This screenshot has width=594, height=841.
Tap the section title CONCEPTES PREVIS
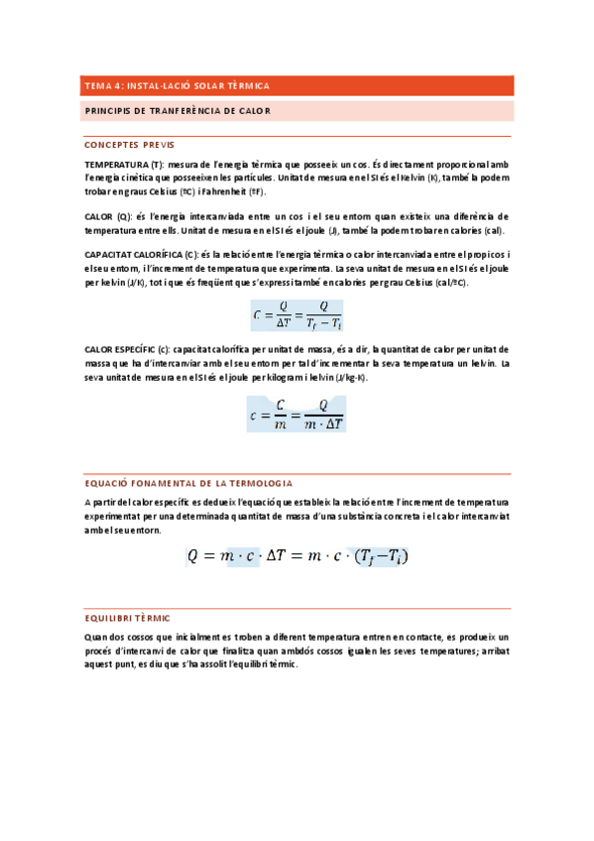click(130, 144)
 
